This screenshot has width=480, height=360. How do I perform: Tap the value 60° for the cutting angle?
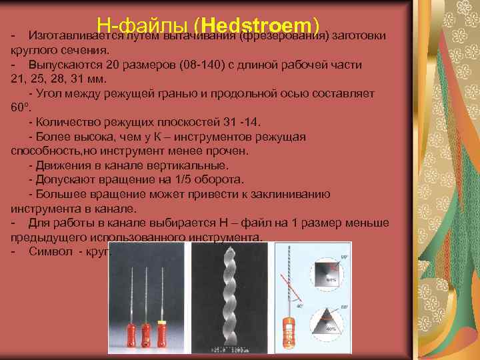21,107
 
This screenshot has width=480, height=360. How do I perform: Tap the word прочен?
230,151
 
